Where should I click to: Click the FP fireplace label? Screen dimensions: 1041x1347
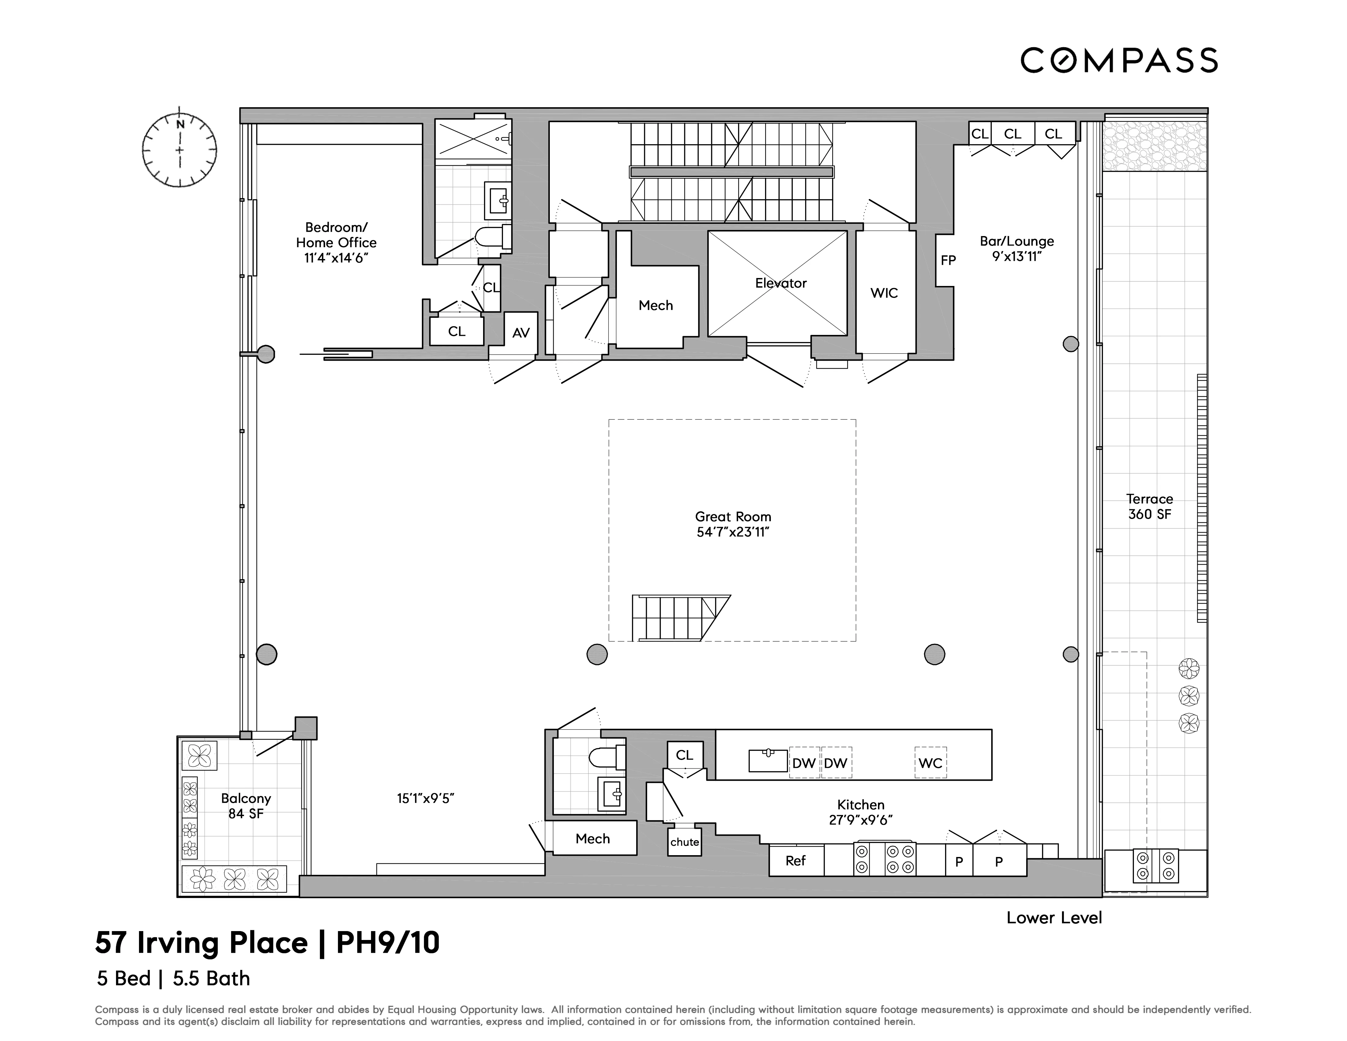(948, 260)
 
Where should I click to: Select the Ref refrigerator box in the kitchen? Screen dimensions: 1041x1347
(796, 860)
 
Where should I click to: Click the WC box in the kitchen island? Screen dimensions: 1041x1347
(930, 763)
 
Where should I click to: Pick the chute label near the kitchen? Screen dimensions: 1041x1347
(685, 842)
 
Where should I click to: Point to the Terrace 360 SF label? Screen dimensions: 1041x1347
(1149, 506)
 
